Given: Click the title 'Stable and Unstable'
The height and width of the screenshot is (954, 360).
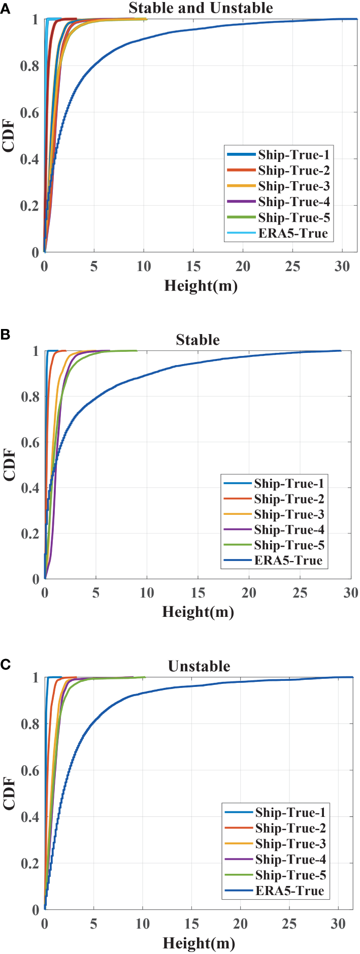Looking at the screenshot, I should [x=201, y=8].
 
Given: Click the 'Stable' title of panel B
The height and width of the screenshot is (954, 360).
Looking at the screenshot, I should [x=198, y=340].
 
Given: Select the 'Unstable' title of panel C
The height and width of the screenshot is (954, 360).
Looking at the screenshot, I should [x=199, y=666].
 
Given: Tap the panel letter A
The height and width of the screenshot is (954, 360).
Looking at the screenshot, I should [x=5, y=8].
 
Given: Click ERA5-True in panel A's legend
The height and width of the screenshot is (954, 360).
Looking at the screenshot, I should [x=292, y=234].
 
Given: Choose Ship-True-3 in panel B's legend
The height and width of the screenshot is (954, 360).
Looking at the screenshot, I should [x=288, y=515].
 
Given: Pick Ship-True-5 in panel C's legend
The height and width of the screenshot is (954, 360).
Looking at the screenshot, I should [x=290, y=875].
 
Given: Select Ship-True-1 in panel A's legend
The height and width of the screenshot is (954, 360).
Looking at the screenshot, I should [x=293, y=155].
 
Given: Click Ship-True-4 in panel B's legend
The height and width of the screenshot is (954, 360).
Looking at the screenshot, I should [x=288, y=530].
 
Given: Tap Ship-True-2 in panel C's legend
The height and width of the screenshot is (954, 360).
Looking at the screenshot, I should [x=290, y=829].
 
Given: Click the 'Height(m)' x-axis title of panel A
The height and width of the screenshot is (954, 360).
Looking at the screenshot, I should [x=201, y=286].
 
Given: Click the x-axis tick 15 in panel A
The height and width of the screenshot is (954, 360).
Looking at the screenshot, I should [x=193, y=267].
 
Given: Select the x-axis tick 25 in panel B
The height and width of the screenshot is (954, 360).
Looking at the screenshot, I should [x=300, y=593].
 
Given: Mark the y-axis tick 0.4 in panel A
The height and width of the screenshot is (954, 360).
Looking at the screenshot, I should [x=29, y=159].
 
